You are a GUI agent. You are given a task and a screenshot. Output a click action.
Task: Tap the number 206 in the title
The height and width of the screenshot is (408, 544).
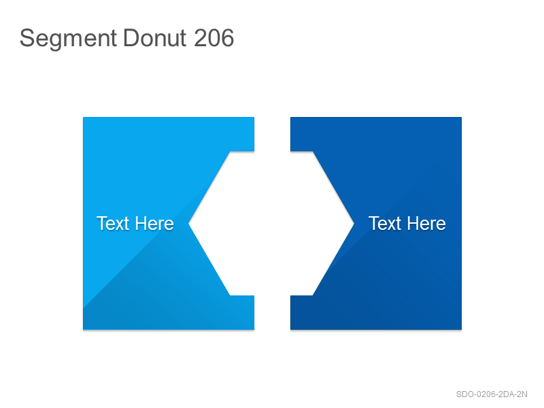coord(214,38)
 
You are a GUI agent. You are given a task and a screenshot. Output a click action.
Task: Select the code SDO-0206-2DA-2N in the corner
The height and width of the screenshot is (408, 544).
coord(492,394)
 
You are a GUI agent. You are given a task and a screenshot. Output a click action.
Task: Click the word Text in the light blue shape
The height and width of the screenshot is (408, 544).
coord(113,224)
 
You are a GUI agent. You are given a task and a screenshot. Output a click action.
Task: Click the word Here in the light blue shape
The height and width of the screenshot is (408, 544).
coord(154,224)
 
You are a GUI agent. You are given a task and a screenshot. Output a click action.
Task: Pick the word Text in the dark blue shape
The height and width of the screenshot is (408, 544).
coord(385,224)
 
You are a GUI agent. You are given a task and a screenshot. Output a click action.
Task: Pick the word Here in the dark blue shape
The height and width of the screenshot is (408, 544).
coord(426,224)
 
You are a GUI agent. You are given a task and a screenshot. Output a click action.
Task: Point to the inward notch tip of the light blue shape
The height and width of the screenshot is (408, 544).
coord(189,224)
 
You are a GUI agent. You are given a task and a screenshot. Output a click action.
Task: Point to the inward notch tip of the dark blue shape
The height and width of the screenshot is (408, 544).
coord(354,224)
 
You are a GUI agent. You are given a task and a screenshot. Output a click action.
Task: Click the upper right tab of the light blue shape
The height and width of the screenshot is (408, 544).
coord(242,134)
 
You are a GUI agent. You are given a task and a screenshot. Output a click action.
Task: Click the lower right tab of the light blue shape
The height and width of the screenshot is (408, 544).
coord(242,312)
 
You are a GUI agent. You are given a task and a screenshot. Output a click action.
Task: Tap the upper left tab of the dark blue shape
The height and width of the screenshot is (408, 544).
coord(302,134)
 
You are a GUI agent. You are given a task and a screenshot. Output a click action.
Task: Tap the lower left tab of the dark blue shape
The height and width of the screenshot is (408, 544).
coord(302,312)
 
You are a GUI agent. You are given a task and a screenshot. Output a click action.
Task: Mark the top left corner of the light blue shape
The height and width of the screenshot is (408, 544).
coord(83,117)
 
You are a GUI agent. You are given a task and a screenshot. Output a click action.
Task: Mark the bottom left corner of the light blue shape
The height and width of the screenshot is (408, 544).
coord(83,329)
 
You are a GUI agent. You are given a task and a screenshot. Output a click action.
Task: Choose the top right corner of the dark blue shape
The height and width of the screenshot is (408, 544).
coord(462,117)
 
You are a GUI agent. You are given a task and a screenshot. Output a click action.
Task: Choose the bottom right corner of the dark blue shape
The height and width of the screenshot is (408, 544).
coord(462,329)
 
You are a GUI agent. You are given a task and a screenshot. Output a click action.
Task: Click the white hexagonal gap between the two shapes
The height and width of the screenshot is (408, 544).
coord(272,224)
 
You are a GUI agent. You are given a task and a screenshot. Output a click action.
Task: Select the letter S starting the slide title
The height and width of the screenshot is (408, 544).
coord(27,38)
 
